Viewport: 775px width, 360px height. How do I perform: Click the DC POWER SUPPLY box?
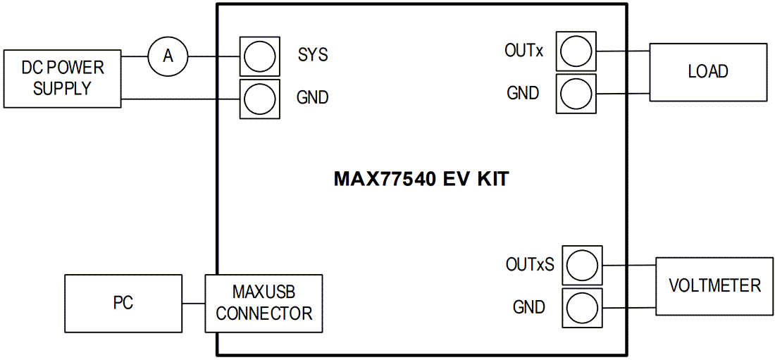pos(62,78)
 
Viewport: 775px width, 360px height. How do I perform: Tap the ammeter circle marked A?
pos(168,56)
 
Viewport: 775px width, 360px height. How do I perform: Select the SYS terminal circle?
pos(259,56)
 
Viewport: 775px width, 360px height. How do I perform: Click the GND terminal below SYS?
pos(259,98)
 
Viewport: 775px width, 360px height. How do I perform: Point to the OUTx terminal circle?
pos(576,51)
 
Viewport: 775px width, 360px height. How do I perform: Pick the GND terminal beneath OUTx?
pos(576,92)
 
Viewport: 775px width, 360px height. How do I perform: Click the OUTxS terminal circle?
pos(582,266)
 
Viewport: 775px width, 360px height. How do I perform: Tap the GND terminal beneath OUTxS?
pos(582,307)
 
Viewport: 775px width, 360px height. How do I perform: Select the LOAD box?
pos(708,72)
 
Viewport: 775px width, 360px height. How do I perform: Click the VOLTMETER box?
pos(714,285)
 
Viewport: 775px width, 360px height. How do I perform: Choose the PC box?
pos(123,303)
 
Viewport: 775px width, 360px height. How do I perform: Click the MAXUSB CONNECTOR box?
pos(263,303)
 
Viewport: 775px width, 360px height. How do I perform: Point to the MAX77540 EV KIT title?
pos(421,179)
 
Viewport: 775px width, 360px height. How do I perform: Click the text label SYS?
pos(313,55)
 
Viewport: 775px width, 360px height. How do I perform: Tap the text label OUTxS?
pos(530,265)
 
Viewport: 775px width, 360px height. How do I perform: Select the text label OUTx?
pos(523,51)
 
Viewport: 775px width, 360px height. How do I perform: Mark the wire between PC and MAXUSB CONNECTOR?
pos(193,304)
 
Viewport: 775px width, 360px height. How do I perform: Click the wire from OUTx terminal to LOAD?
pos(622,51)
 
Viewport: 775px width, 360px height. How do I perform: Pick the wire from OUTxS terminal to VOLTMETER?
pos(629,266)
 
